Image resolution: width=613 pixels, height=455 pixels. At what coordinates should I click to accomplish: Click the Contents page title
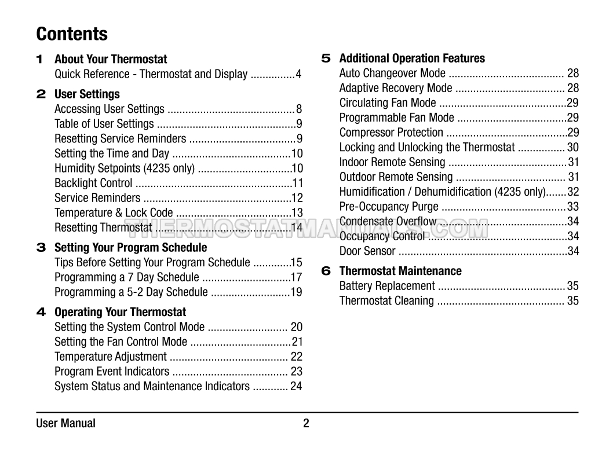click(x=72, y=34)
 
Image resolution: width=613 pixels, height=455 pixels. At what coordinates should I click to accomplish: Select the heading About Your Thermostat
click(x=111, y=59)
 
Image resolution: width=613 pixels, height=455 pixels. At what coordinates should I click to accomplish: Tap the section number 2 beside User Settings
click(x=41, y=94)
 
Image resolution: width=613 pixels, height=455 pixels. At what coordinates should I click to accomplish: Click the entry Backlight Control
click(x=93, y=183)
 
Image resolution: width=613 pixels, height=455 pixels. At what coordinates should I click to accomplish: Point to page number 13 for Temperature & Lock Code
click(x=297, y=212)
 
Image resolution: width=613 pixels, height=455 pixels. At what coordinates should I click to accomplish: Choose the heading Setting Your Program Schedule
click(x=130, y=248)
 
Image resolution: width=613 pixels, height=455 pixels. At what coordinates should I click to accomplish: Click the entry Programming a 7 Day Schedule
click(x=127, y=277)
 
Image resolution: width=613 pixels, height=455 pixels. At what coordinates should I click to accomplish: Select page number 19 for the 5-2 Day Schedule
click(x=296, y=292)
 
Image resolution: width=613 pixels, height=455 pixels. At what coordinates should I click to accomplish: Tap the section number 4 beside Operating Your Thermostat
click(x=41, y=312)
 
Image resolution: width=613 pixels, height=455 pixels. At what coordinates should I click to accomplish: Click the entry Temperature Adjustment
click(x=111, y=357)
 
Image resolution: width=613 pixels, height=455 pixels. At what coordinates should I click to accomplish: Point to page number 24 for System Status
click(x=296, y=386)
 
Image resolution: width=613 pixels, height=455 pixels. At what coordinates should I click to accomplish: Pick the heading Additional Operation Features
click(x=412, y=58)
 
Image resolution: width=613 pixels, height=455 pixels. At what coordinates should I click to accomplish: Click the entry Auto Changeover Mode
click(x=392, y=74)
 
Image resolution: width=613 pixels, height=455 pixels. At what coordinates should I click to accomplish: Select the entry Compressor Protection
click(x=391, y=133)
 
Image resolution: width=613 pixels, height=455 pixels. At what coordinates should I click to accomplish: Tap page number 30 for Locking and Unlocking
click(x=572, y=148)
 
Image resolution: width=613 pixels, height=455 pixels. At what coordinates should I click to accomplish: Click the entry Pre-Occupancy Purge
click(x=389, y=207)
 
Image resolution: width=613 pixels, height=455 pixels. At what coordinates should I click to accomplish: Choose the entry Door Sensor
click(x=367, y=251)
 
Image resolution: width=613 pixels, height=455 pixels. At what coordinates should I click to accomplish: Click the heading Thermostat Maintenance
click(x=400, y=271)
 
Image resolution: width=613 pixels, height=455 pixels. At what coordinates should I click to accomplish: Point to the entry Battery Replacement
click(x=387, y=286)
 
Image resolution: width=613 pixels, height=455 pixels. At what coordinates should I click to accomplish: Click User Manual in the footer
click(x=65, y=423)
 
